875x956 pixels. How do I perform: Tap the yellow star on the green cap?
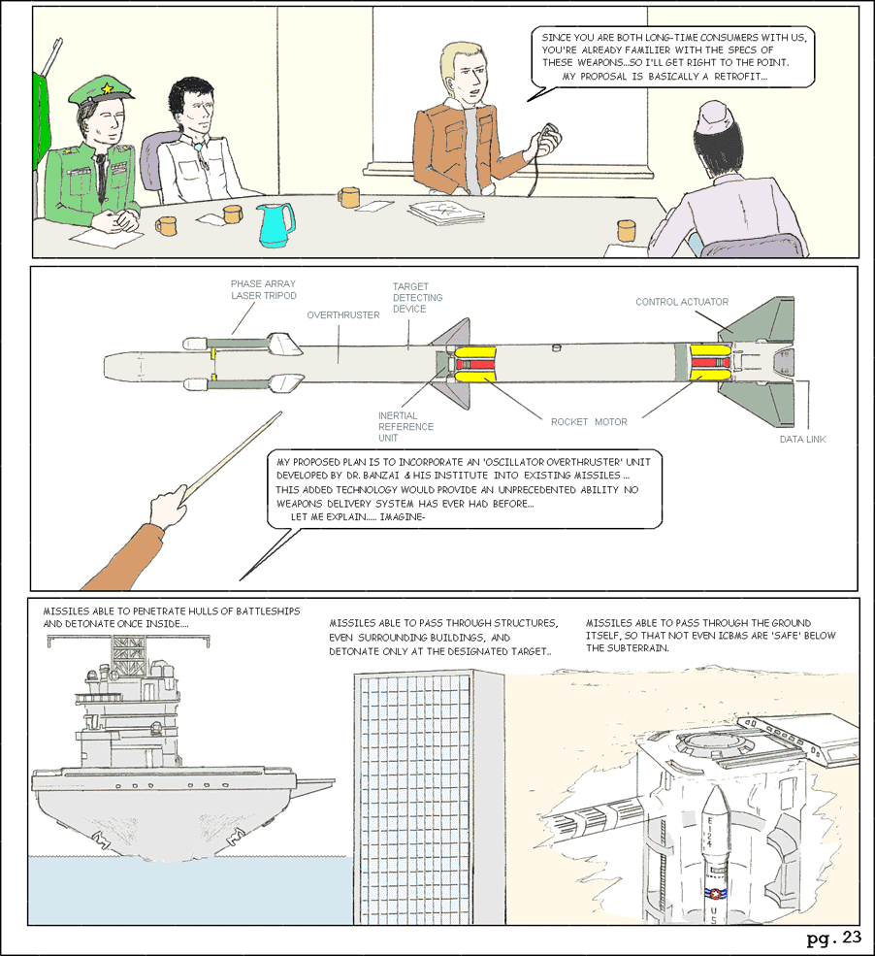106,88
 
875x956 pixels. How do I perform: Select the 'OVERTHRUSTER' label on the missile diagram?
342,315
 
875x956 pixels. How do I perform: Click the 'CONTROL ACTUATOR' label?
682,302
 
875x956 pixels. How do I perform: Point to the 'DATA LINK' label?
802,440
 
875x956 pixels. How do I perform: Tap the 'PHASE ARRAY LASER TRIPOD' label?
262,289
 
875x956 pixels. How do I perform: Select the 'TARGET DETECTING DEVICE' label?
414,298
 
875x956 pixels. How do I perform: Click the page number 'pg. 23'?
833,938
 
